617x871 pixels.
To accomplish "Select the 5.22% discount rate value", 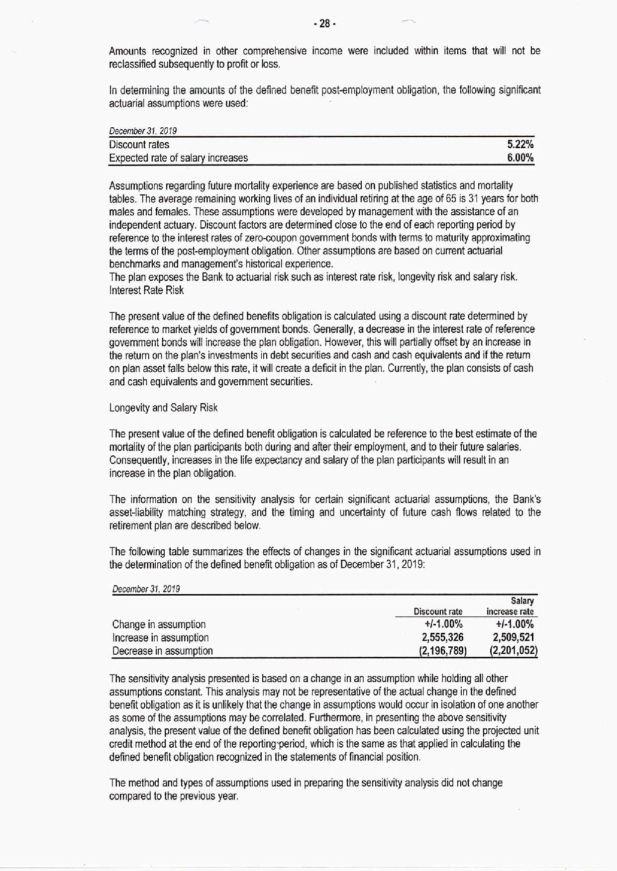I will (520, 145).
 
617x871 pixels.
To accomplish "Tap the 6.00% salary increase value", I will (520, 158).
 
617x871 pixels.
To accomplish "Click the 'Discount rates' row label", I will (139, 145).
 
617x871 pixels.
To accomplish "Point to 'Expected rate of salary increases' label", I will (178, 158).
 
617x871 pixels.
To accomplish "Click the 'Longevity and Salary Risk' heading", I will (163, 408).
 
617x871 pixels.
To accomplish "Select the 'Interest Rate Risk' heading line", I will (146, 290).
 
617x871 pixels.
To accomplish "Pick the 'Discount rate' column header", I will (438, 611).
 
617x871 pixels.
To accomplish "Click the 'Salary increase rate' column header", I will (511, 607).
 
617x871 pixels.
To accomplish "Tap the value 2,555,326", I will (442, 637).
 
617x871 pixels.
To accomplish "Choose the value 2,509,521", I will (514, 637).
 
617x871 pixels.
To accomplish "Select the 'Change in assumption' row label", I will (159, 624).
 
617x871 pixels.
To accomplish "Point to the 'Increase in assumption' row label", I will (160, 637).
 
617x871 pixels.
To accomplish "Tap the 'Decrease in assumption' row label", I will (162, 651).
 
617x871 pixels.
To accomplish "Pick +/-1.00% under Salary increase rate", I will (514, 624).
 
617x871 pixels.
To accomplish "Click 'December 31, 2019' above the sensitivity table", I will (146, 589).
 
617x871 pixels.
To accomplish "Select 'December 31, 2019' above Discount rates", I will (143, 131).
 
